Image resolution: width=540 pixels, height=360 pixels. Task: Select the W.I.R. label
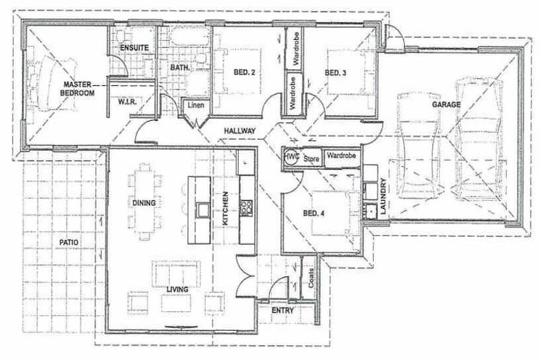point(126,102)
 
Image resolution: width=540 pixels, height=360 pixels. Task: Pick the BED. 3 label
point(335,72)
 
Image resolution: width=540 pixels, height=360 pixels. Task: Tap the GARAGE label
point(446,105)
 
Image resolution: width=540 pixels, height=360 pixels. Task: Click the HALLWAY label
point(240,131)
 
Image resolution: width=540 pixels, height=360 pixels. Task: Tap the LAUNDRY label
point(383,198)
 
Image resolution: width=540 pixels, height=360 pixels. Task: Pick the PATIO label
point(68,241)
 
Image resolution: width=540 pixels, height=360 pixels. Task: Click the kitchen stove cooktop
point(246,207)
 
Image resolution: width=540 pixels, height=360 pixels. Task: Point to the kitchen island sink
point(202,208)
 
